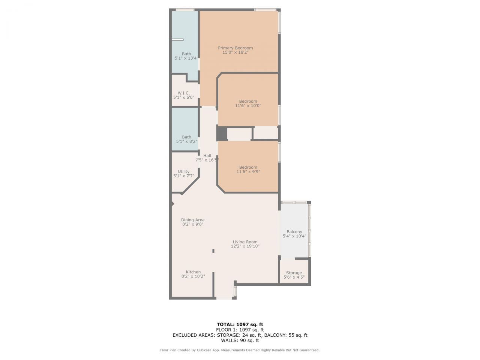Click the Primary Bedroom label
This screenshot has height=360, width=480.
pos(235,48)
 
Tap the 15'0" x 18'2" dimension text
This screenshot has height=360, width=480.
pos(235,52)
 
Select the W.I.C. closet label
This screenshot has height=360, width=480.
pos(183,93)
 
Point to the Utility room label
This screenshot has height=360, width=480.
pos(183,171)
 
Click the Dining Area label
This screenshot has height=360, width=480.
pos(193,220)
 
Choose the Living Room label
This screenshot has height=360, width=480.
pos(245,242)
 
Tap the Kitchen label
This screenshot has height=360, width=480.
pos(193,272)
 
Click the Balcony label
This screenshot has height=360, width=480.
pos(294,232)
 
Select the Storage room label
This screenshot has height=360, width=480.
pos(294,273)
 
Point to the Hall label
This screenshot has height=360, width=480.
pos(207,156)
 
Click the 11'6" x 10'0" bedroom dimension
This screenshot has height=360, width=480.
pos(248,106)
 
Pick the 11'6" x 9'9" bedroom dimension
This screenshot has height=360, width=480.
pos(248,172)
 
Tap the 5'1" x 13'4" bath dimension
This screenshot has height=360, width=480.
pos(186,58)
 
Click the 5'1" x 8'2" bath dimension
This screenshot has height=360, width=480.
pos(186,141)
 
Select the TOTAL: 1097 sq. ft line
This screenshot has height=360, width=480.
pos(240,324)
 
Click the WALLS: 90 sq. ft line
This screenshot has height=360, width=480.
pos(240,340)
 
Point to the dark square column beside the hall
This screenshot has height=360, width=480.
pos(222,133)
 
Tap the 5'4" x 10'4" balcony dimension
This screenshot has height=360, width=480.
pos(294,236)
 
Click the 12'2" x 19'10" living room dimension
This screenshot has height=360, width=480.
pos(245,246)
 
